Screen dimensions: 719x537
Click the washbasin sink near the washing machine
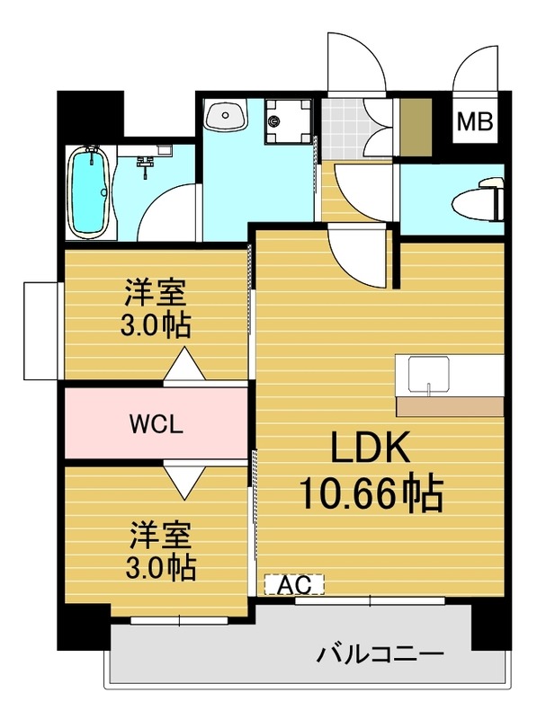pyautogui.click(x=226, y=117)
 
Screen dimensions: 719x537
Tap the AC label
pyautogui.click(x=293, y=584)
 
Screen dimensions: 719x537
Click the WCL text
pyautogui.click(x=156, y=423)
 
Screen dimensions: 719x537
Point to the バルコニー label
pyautogui.click(x=379, y=654)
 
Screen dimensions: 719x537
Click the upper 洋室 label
pyautogui.click(x=156, y=292)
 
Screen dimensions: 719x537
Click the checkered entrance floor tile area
pyautogui.click(x=341, y=126)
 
